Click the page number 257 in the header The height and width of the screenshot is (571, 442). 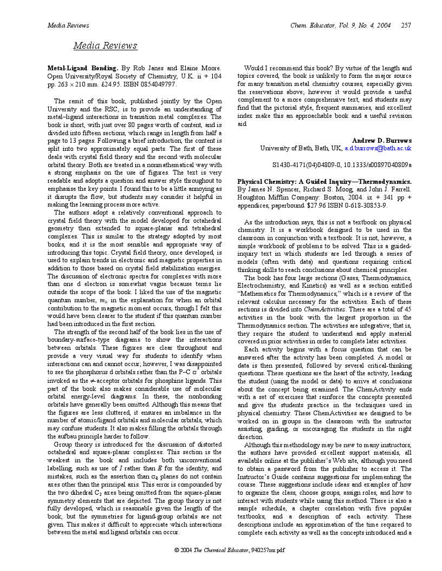(x=406, y=25)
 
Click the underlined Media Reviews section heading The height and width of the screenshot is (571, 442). (x=105, y=45)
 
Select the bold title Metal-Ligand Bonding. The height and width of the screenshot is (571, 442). (x=82, y=68)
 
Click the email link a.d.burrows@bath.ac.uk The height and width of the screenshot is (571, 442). (x=378, y=148)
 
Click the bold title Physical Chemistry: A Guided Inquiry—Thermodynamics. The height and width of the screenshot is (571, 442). (x=324, y=181)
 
